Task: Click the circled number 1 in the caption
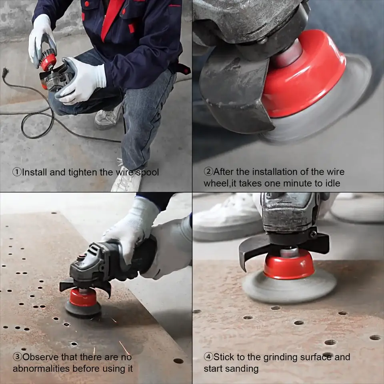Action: point(17,172)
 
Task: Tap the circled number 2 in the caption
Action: point(208,172)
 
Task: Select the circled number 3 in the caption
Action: point(17,357)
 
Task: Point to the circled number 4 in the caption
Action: point(208,357)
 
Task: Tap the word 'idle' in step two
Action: point(333,183)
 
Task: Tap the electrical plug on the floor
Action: point(5,72)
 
